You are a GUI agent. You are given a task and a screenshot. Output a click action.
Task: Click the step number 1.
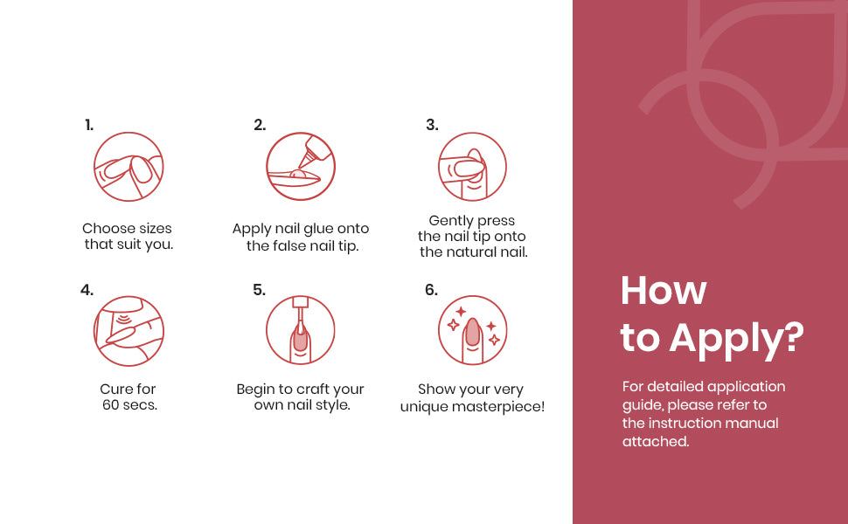coord(89,126)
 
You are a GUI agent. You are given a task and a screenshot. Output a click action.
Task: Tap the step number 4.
coord(87,290)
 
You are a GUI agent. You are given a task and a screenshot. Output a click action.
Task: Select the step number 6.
coord(431,290)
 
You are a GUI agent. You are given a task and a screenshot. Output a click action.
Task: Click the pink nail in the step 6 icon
coord(473,332)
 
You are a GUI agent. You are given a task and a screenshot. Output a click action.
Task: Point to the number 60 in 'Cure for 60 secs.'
coord(111,404)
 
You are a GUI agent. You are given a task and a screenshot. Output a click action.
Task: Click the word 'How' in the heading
coord(664,291)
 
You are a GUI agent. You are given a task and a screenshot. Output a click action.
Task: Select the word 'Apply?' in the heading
coord(737,340)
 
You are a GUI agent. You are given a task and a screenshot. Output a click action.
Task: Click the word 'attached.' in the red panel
coord(656,441)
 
